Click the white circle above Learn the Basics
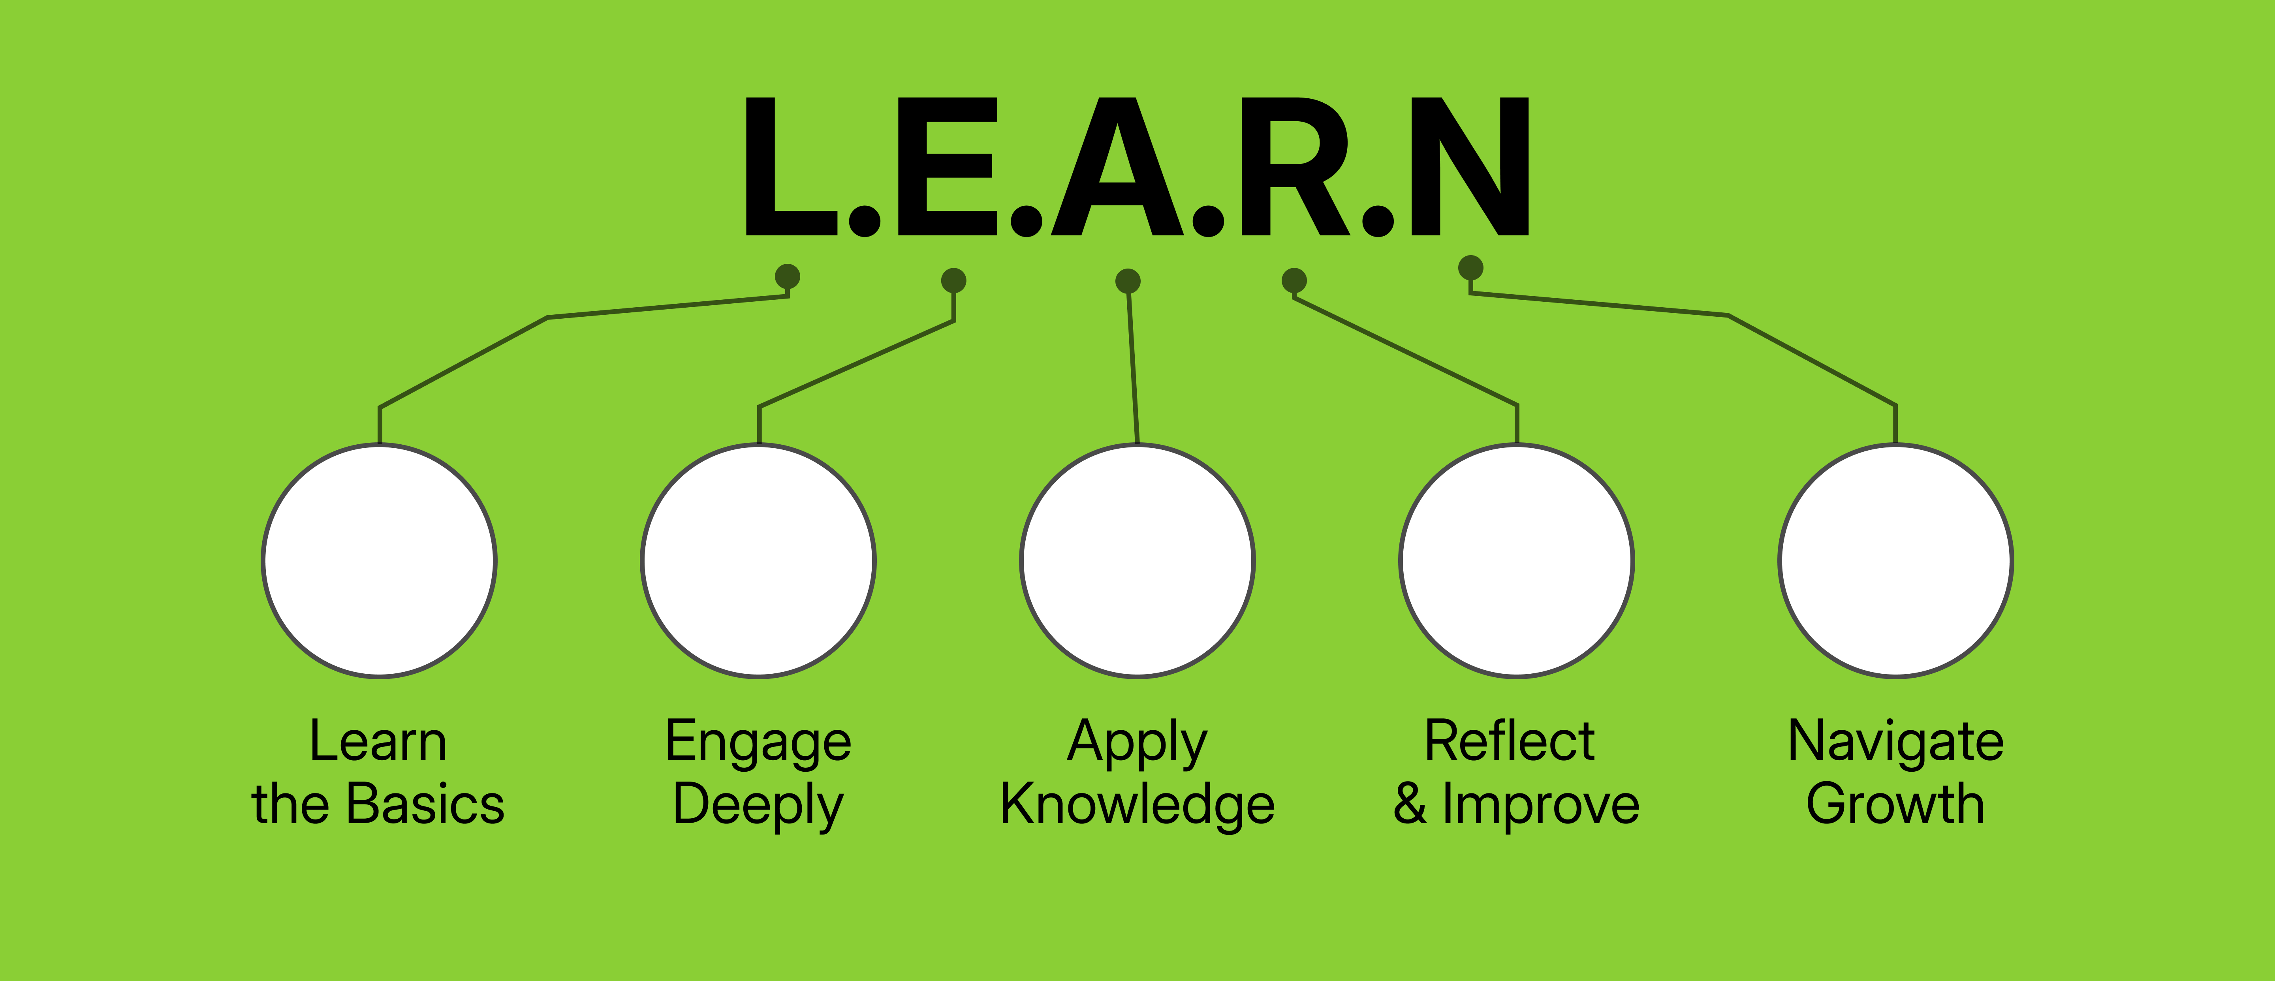pos(379,561)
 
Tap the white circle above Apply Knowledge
pos(1137,561)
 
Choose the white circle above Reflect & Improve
pos(1516,561)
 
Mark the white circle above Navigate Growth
pos(1895,561)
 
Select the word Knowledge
pos(1137,805)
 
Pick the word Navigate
pos(1895,742)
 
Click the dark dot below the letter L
pos(787,276)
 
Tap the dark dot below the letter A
pos(1128,281)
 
